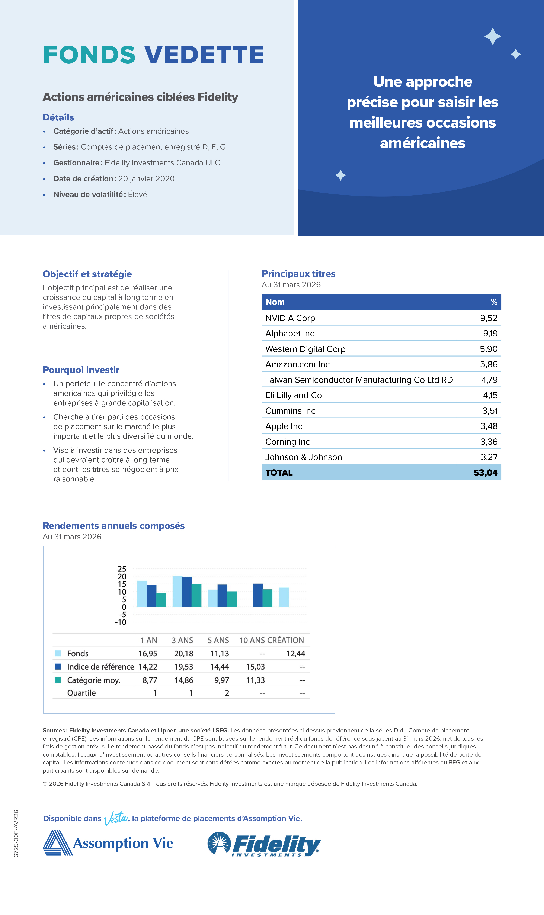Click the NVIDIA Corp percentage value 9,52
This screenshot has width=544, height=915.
coord(489,318)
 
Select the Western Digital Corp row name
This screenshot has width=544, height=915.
coord(305,349)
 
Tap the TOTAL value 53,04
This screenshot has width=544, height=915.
coord(485,473)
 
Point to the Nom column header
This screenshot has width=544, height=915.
coord(275,302)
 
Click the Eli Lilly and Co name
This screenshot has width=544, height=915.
coord(294,395)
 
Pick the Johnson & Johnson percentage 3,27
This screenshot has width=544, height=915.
coord(489,457)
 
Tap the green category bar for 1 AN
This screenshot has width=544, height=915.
coord(161,600)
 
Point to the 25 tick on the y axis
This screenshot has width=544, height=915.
coord(122,569)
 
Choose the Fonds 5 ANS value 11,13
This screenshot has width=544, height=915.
coord(220,654)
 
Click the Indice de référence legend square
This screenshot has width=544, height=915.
coord(58,666)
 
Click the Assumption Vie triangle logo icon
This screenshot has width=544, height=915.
coord(58,843)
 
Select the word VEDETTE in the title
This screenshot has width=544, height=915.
coord(204,55)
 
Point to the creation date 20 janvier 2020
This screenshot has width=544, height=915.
coord(146,179)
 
